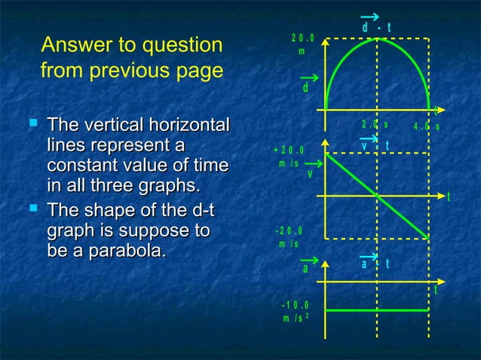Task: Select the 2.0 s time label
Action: [x=375, y=124]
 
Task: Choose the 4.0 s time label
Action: [x=427, y=126]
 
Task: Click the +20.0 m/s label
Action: [x=289, y=156]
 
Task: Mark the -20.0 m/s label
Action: [x=289, y=236]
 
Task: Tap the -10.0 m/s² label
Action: [x=294, y=311]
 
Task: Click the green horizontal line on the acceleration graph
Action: [x=377, y=309]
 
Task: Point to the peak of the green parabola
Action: [x=377, y=38]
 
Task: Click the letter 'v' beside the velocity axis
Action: [x=309, y=174]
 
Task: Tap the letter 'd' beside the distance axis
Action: [x=305, y=88]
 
